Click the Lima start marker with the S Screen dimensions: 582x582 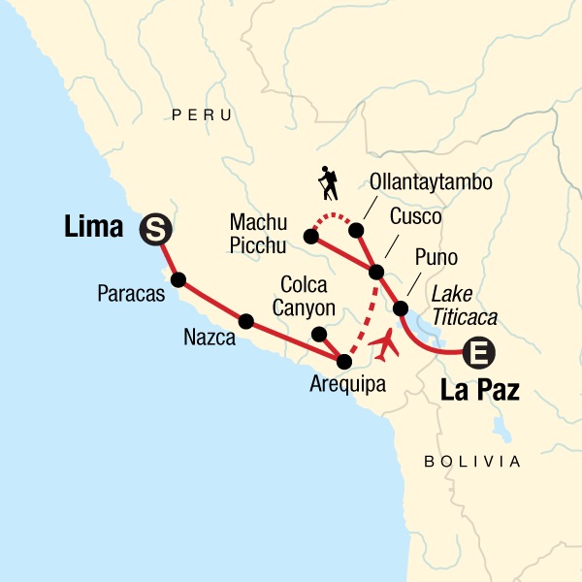click(x=154, y=229)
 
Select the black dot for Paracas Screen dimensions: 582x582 click(x=178, y=279)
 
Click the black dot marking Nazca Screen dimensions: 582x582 click(x=245, y=321)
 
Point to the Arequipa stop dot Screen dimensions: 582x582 click(x=343, y=362)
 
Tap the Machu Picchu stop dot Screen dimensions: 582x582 click(x=310, y=236)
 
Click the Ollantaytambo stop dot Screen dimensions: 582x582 click(x=356, y=230)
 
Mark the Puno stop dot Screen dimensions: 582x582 click(x=400, y=308)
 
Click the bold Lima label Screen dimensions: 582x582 click(x=93, y=229)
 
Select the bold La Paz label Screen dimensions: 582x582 click(x=480, y=392)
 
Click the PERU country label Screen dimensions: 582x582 click(x=202, y=115)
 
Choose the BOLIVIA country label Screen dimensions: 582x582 click(x=472, y=462)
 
